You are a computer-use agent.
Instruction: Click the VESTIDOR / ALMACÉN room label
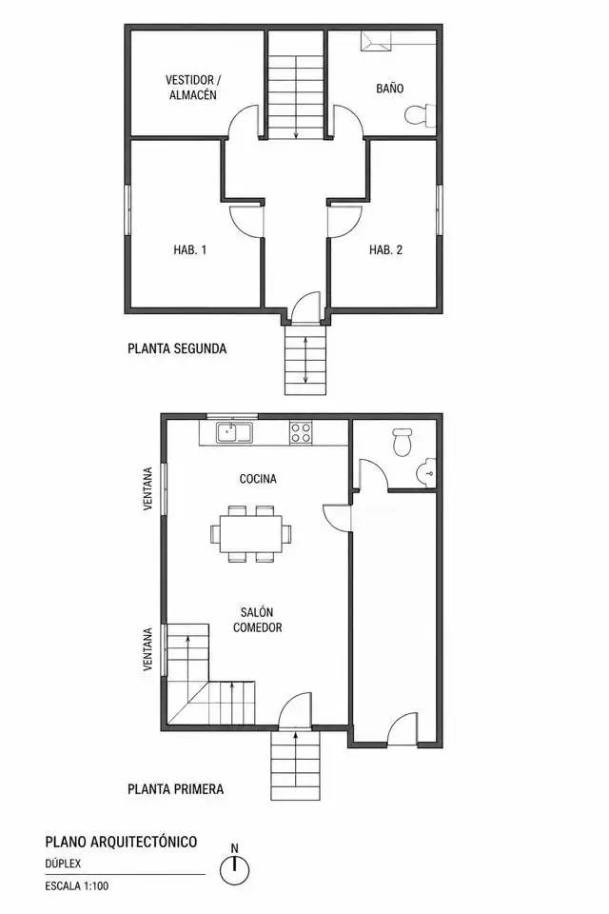click(193, 88)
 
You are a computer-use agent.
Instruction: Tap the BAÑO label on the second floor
click(390, 89)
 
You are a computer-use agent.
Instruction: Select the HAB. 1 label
click(190, 250)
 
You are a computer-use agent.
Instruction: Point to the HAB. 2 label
click(385, 250)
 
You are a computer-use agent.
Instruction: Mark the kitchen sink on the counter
click(235, 432)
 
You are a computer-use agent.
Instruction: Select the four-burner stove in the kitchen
click(301, 432)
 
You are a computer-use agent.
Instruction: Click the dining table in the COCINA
click(251, 534)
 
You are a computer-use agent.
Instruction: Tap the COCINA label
click(258, 479)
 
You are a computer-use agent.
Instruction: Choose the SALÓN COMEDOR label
click(258, 620)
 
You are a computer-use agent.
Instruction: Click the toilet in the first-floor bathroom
click(403, 443)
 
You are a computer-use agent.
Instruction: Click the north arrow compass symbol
click(235, 867)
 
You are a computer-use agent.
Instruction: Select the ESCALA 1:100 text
click(77, 886)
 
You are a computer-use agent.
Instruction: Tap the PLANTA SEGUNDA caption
click(177, 348)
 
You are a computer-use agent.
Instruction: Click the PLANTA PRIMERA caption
click(175, 789)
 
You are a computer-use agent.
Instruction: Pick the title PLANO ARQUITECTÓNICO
click(121, 842)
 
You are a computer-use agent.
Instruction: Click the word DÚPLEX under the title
click(63, 864)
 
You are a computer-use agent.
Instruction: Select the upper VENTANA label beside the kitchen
click(148, 488)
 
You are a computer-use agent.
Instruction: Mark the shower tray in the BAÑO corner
click(377, 41)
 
